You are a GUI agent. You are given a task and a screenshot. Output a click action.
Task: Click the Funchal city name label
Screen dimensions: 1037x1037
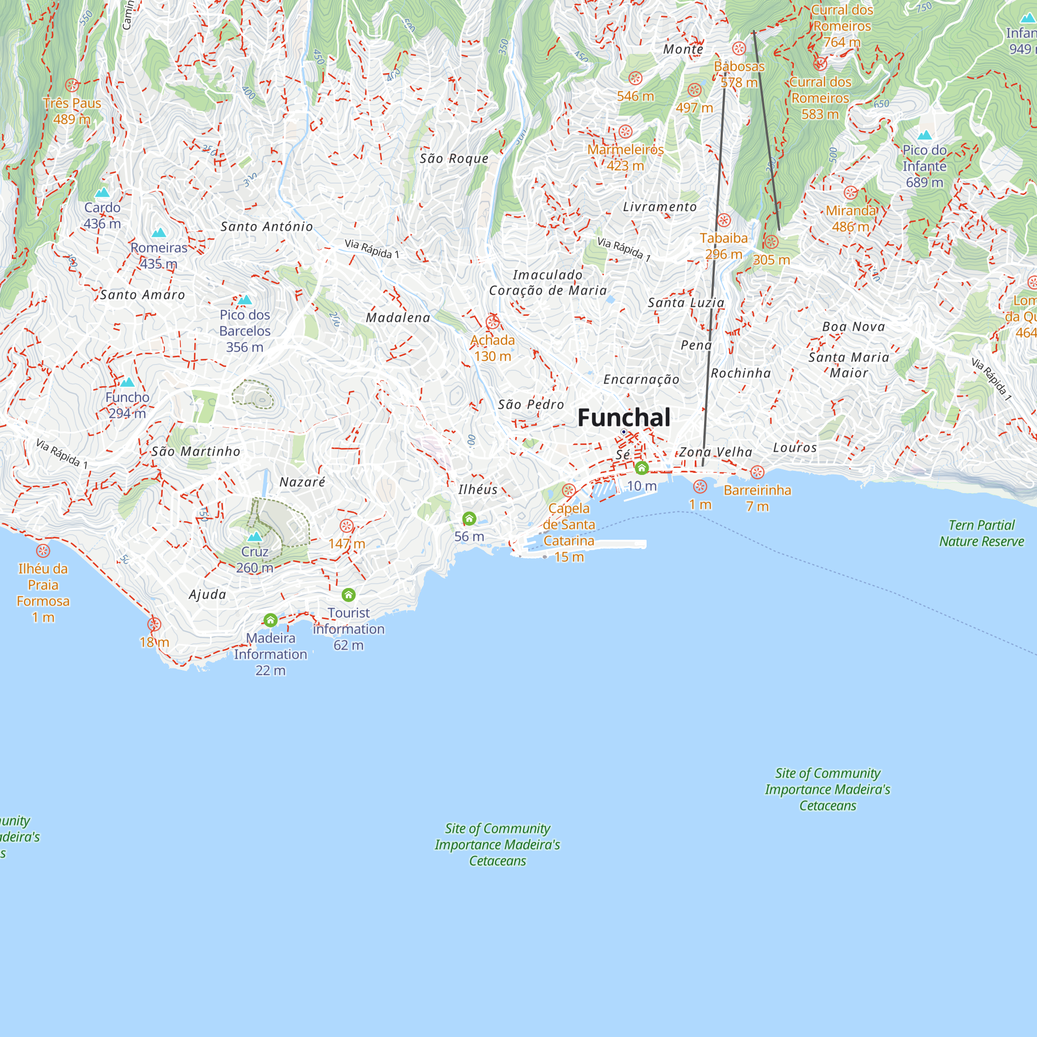[x=624, y=417]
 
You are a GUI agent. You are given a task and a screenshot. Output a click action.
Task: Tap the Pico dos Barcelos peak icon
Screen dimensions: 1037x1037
[x=245, y=300]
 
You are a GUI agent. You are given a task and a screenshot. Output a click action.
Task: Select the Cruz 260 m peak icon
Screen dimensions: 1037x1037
[x=255, y=536]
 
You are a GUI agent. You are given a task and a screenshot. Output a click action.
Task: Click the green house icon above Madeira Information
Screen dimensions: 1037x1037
[x=271, y=621]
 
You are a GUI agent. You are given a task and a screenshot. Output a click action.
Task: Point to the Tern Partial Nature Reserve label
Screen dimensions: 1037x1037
[x=981, y=533]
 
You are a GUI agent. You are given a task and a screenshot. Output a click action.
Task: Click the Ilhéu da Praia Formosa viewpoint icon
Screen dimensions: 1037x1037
[x=43, y=551]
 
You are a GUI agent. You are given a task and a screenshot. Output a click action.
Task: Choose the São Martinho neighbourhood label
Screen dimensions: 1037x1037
[x=196, y=452]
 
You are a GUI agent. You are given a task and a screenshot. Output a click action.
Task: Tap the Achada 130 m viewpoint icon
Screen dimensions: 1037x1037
[x=493, y=322]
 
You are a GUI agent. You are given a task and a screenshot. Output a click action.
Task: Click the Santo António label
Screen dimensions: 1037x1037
[x=267, y=227]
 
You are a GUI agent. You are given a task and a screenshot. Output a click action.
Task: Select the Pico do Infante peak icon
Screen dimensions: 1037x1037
[x=924, y=135]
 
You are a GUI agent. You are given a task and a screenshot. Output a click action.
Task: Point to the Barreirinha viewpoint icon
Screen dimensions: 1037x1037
[x=758, y=472]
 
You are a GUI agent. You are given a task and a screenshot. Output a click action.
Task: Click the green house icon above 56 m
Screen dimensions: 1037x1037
[x=469, y=518]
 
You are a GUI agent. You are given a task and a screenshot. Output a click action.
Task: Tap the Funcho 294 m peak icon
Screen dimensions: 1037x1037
[x=127, y=382]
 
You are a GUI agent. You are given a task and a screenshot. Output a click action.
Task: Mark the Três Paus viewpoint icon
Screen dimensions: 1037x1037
[x=72, y=85]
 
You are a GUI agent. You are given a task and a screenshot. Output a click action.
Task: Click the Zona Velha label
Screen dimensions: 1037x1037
[x=716, y=452]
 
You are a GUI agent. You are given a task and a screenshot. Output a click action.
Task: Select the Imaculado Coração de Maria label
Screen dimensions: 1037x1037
[x=548, y=283]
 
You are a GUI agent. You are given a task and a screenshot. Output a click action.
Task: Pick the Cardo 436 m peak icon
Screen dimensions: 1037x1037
[x=102, y=192]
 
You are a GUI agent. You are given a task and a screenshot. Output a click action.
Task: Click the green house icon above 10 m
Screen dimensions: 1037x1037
[x=641, y=468]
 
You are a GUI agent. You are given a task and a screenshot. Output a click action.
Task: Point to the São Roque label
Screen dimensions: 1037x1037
[x=454, y=158]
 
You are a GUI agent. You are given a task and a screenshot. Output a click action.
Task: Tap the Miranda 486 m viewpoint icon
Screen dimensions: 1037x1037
[x=851, y=193]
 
